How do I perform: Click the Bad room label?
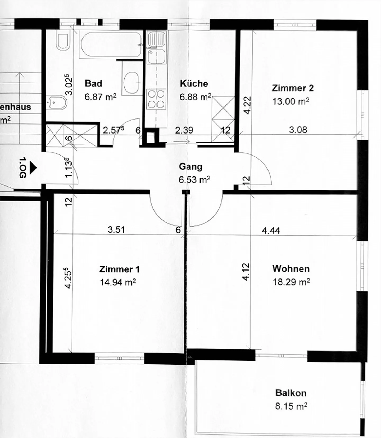point(93,83)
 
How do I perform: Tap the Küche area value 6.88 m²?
point(195,97)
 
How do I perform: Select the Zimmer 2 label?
point(293,88)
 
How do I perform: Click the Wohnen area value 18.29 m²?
point(291,282)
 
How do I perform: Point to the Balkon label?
point(291,393)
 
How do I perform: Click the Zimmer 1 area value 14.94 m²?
point(118,282)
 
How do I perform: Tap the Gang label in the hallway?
point(190,167)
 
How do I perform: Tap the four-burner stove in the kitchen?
point(156,99)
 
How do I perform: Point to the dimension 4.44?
point(271,231)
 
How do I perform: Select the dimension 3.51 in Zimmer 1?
point(116,229)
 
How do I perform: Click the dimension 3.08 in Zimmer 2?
point(298,130)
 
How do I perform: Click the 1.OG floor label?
point(23,168)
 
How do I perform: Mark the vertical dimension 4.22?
point(247,105)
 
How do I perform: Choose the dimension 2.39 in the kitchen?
point(184,130)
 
